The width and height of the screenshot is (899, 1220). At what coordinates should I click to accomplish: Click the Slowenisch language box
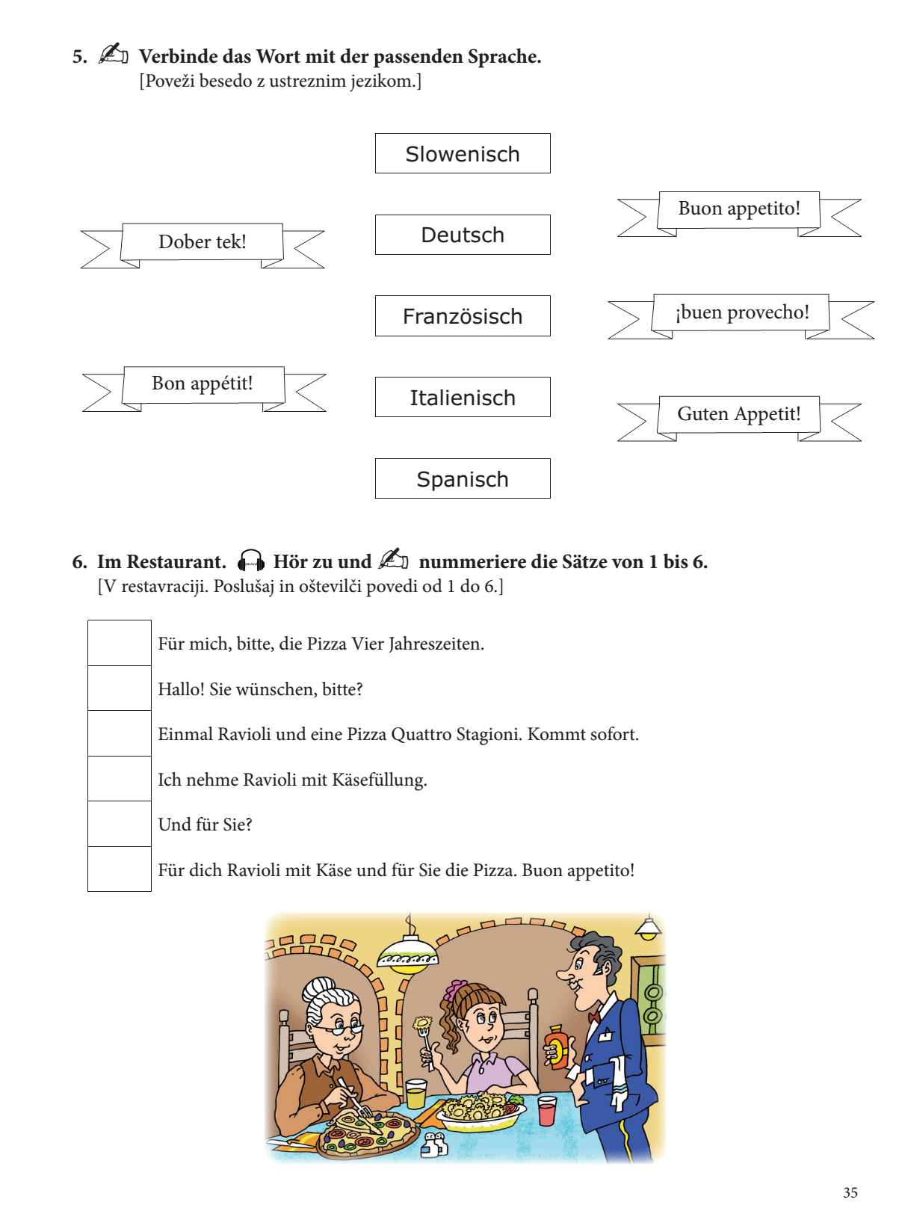(x=463, y=154)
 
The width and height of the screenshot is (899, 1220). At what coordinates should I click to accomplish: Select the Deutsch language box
(x=463, y=235)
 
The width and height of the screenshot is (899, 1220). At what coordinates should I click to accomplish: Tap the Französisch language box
(x=463, y=316)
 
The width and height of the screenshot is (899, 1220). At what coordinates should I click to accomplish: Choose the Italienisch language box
(x=463, y=398)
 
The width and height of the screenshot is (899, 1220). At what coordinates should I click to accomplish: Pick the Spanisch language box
(x=463, y=479)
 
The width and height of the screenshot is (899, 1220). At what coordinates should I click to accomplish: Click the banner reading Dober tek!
(x=203, y=242)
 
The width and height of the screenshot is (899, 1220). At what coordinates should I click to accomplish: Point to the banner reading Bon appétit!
(x=203, y=384)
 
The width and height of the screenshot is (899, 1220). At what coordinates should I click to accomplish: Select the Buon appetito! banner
(x=739, y=209)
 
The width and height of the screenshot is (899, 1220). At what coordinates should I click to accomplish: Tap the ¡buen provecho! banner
(x=741, y=312)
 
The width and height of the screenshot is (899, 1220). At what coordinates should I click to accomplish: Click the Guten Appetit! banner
(x=739, y=414)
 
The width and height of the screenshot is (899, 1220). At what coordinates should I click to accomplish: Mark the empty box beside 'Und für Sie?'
(x=120, y=825)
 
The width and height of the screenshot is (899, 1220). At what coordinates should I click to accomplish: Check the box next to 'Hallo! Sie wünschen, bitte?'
(x=120, y=688)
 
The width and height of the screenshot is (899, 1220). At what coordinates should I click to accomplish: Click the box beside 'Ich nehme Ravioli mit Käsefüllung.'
(x=120, y=779)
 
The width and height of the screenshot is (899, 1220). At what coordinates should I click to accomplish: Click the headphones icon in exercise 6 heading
(x=251, y=561)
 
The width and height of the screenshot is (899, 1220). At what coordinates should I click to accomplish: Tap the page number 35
(x=850, y=1193)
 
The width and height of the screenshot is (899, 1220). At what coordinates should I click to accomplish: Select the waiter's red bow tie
(x=594, y=1017)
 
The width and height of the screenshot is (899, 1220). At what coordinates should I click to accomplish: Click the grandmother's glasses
(x=340, y=1028)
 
